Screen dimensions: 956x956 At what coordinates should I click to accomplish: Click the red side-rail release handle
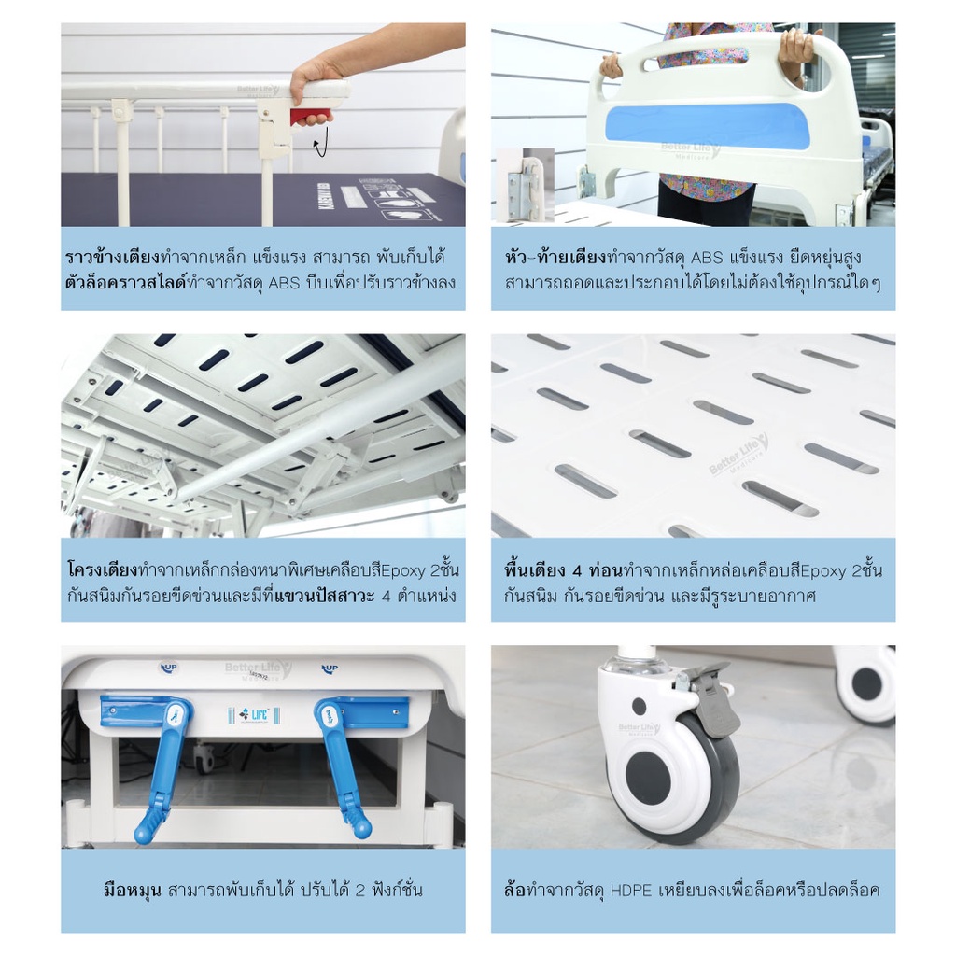pos(313,115)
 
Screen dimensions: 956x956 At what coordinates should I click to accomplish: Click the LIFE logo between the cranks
pos(254,714)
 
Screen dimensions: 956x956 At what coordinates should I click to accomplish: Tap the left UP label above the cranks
pos(168,668)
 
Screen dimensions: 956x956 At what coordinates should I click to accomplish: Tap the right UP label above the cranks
pos(330,668)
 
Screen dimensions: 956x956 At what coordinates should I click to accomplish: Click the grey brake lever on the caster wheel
pos(713,701)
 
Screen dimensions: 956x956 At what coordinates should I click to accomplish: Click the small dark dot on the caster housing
pos(639,707)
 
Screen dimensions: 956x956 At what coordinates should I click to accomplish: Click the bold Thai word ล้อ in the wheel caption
pos(514,890)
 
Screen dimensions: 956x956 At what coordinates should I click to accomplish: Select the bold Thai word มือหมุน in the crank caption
pos(133,891)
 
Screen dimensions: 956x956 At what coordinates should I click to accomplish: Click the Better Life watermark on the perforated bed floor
pos(738,455)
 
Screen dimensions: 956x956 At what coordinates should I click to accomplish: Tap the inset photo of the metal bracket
pos(525,185)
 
